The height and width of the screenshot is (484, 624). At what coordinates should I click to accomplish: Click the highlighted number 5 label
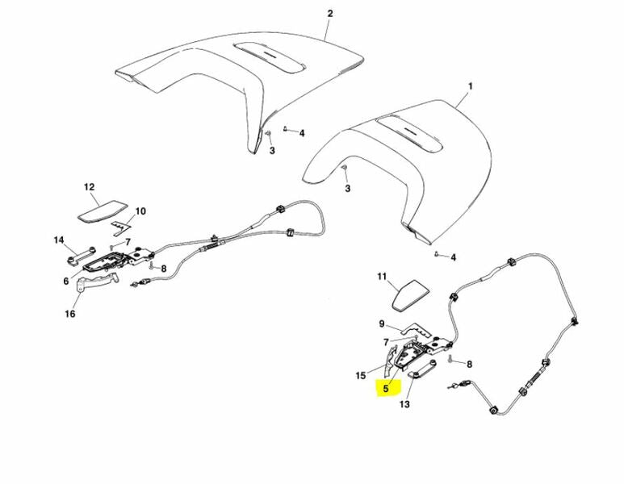[x=386, y=389]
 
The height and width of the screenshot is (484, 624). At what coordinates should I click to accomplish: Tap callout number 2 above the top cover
[x=330, y=14]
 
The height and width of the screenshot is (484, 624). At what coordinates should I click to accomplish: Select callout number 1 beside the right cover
[x=470, y=86]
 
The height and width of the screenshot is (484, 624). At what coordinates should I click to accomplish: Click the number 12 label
[x=89, y=187]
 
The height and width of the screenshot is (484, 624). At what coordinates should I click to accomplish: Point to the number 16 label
[x=70, y=314]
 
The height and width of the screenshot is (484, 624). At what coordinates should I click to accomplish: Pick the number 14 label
[x=59, y=240]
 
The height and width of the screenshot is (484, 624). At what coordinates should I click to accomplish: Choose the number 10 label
[x=141, y=211]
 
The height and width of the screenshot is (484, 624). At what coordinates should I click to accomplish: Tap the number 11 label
[x=382, y=277]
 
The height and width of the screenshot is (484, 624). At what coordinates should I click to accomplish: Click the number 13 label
[x=404, y=404]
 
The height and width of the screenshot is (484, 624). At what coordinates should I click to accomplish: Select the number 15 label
[x=361, y=375]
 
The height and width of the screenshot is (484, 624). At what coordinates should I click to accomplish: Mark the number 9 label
[x=382, y=323]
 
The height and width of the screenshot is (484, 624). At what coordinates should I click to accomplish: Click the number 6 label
[x=66, y=282]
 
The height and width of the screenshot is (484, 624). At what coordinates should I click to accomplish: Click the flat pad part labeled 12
[x=103, y=211]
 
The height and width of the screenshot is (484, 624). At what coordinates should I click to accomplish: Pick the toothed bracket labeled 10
[x=121, y=227]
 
